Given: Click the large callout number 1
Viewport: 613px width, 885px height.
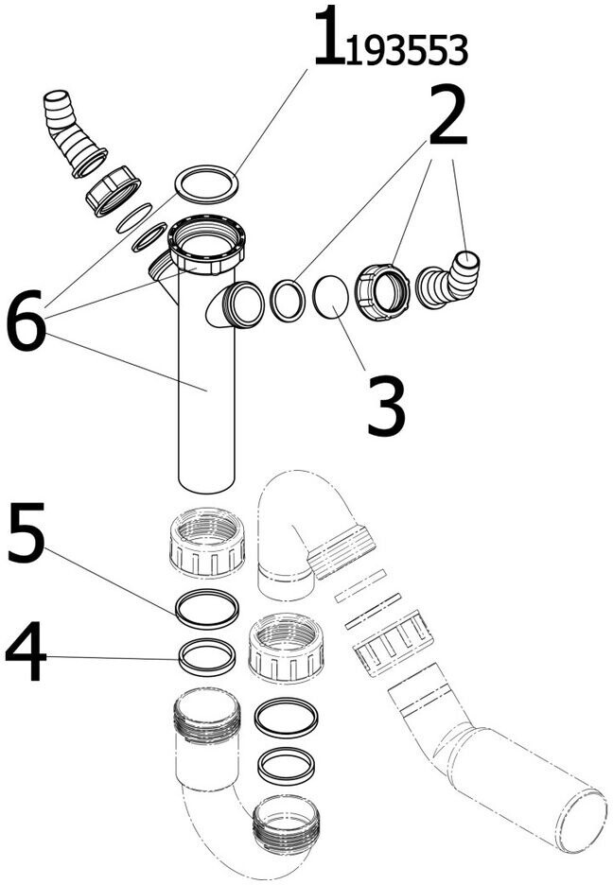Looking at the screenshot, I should [327, 38].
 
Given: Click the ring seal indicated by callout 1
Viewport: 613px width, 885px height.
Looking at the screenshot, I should [206, 183].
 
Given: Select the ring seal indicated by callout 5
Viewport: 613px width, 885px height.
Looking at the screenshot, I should [207, 608].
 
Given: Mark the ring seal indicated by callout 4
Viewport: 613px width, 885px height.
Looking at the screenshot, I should [207, 657].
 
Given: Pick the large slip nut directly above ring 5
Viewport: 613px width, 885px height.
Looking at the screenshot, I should [207, 543].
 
